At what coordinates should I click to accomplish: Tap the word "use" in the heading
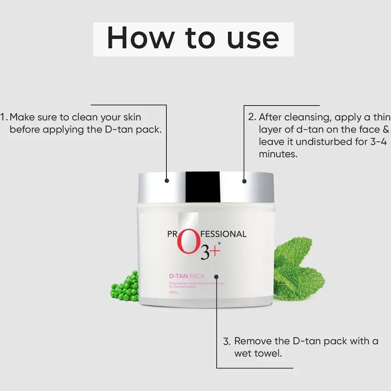[252, 38]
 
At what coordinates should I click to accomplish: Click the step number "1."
[4, 117]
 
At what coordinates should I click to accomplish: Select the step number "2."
[252, 117]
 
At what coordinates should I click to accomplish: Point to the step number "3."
[226, 341]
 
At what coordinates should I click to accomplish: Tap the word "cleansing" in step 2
[303, 117]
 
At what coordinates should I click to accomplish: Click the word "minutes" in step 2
[278, 154]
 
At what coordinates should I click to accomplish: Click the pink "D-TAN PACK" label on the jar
[187, 276]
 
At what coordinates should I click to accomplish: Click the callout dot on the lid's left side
[167, 180]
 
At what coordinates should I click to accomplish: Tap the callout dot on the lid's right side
[244, 180]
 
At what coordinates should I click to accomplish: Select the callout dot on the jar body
[216, 276]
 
